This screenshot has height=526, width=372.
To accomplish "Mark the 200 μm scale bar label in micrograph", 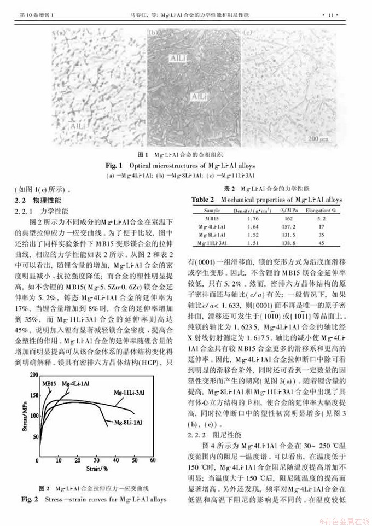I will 317,139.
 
